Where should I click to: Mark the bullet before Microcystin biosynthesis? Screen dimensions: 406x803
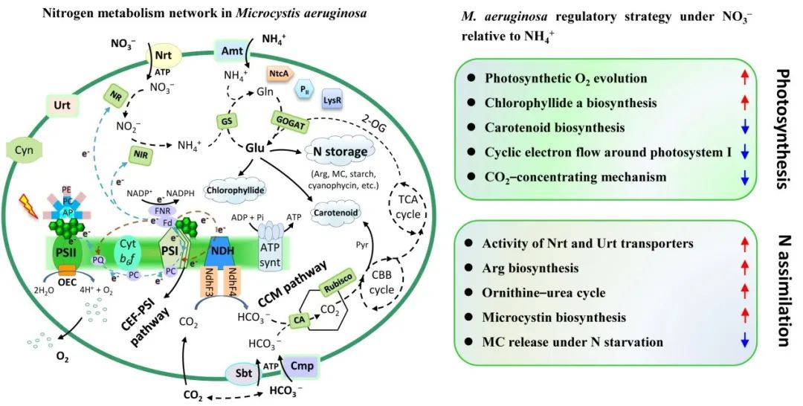pos(471,317)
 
